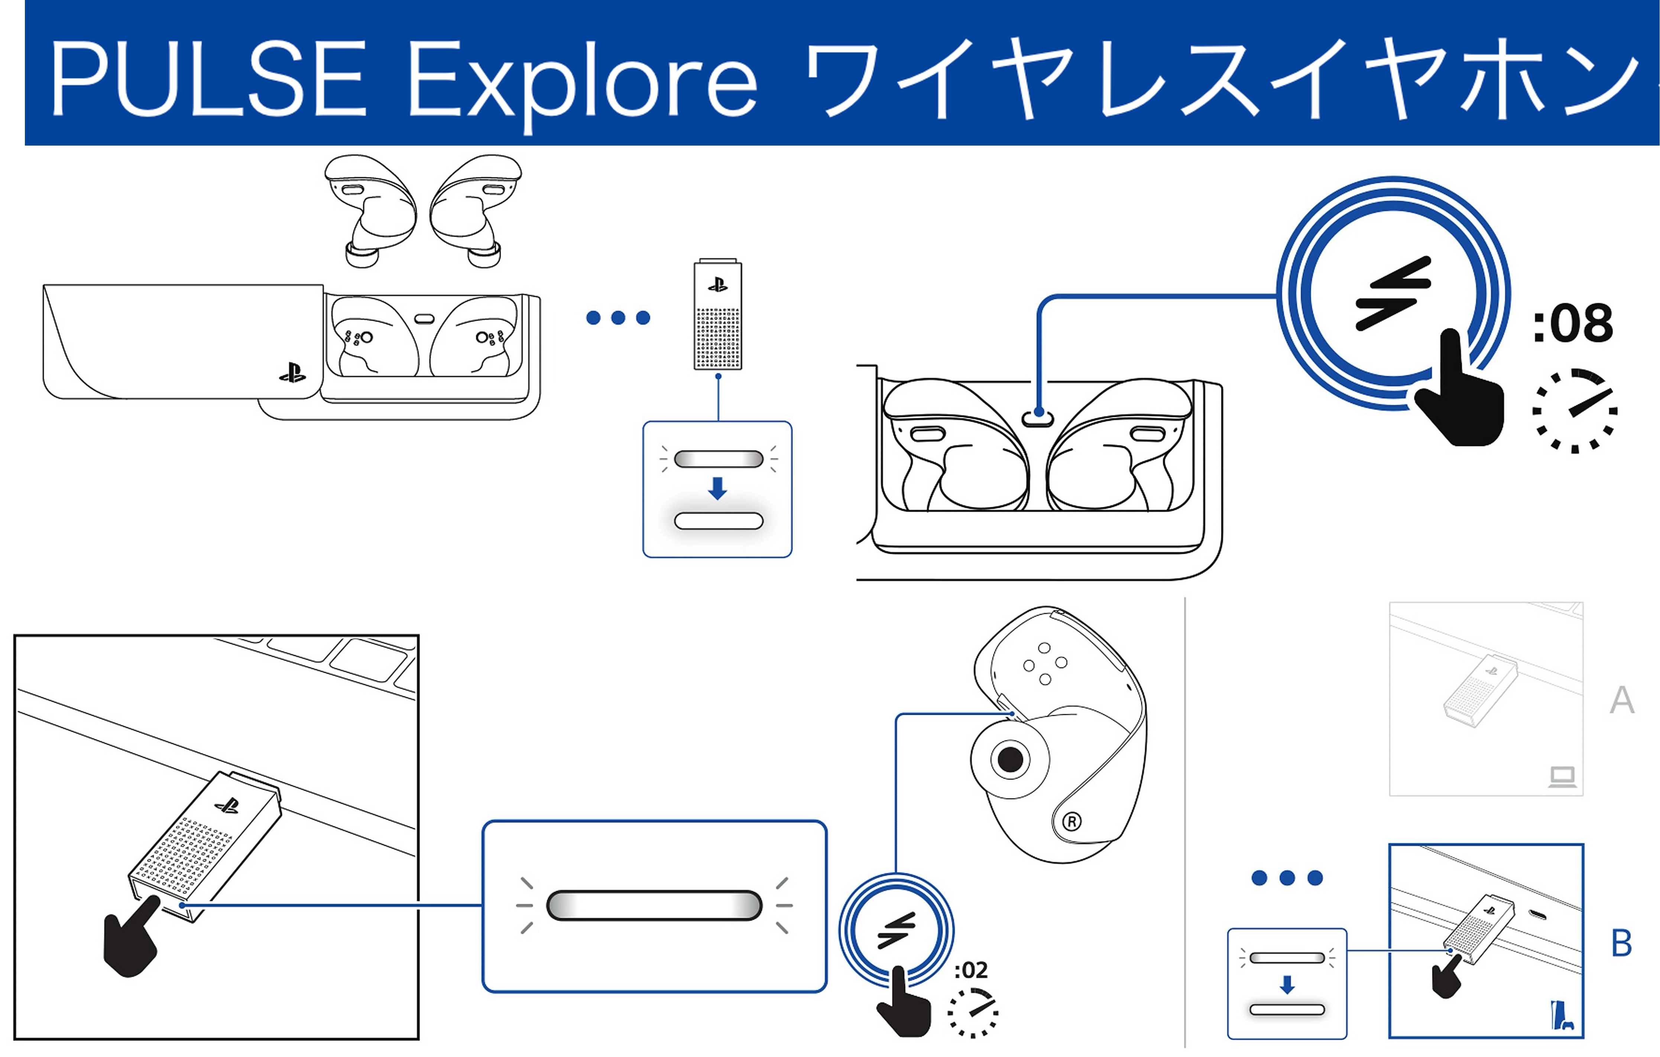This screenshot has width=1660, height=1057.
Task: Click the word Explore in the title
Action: tap(583, 81)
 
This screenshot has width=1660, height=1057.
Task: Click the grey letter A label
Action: tap(1621, 700)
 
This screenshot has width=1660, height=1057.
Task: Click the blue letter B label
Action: tap(1621, 943)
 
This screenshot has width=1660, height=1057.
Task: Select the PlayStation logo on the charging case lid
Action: tap(293, 374)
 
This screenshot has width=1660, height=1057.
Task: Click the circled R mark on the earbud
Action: tap(1071, 821)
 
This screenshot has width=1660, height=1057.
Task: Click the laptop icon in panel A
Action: tap(1562, 777)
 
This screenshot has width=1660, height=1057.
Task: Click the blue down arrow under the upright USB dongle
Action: tap(718, 488)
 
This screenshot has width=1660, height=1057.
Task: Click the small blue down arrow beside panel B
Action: tap(1286, 985)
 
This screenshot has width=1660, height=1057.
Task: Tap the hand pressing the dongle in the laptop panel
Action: tap(131, 940)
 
